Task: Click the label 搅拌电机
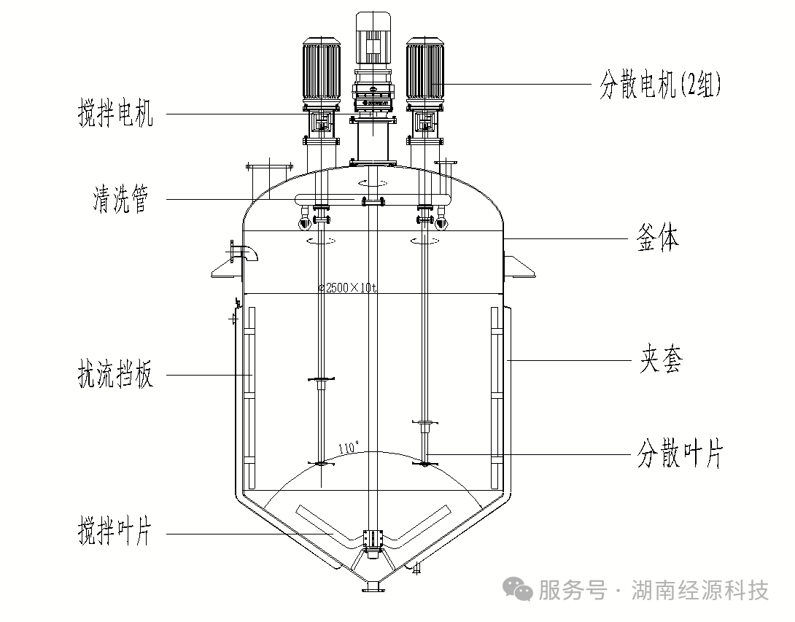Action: tap(116, 114)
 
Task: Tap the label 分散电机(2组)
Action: tap(660, 85)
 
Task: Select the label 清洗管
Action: tap(120, 200)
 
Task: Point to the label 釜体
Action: tap(658, 239)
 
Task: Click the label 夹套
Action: tap(661, 360)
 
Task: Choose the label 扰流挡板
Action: tap(116, 376)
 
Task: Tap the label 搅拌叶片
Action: tap(116, 533)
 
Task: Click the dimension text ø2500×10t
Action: tap(347, 288)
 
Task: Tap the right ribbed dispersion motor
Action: tap(424, 71)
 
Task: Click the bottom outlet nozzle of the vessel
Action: tap(373, 585)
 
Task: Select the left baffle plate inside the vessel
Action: tap(249, 397)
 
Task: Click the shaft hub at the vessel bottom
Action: tap(373, 540)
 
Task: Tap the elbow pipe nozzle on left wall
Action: tap(244, 254)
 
